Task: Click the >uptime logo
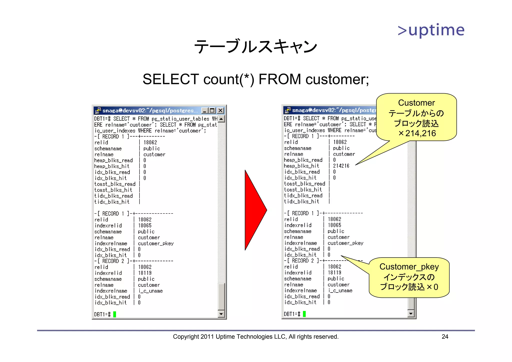(x=431, y=30)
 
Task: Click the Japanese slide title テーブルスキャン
(x=255, y=47)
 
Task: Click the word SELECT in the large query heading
(x=170, y=79)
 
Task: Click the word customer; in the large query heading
(x=337, y=79)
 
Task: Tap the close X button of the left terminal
(x=220, y=110)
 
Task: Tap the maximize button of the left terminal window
(x=212, y=110)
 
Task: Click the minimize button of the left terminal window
(x=205, y=110)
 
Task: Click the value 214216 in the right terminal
(x=341, y=166)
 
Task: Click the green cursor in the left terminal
(x=115, y=314)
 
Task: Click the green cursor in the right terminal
(x=304, y=314)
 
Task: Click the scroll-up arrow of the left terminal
(x=221, y=119)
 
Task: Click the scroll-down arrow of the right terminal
(x=411, y=313)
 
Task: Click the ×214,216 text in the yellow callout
(x=417, y=133)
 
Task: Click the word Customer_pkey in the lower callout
(x=409, y=267)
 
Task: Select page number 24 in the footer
(x=445, y=337)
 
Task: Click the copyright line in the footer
(x=255, y=337)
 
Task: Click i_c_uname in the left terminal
(x=150, y=291)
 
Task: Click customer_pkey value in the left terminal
(x=155, y=243)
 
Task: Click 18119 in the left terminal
(x=145, y=273)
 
